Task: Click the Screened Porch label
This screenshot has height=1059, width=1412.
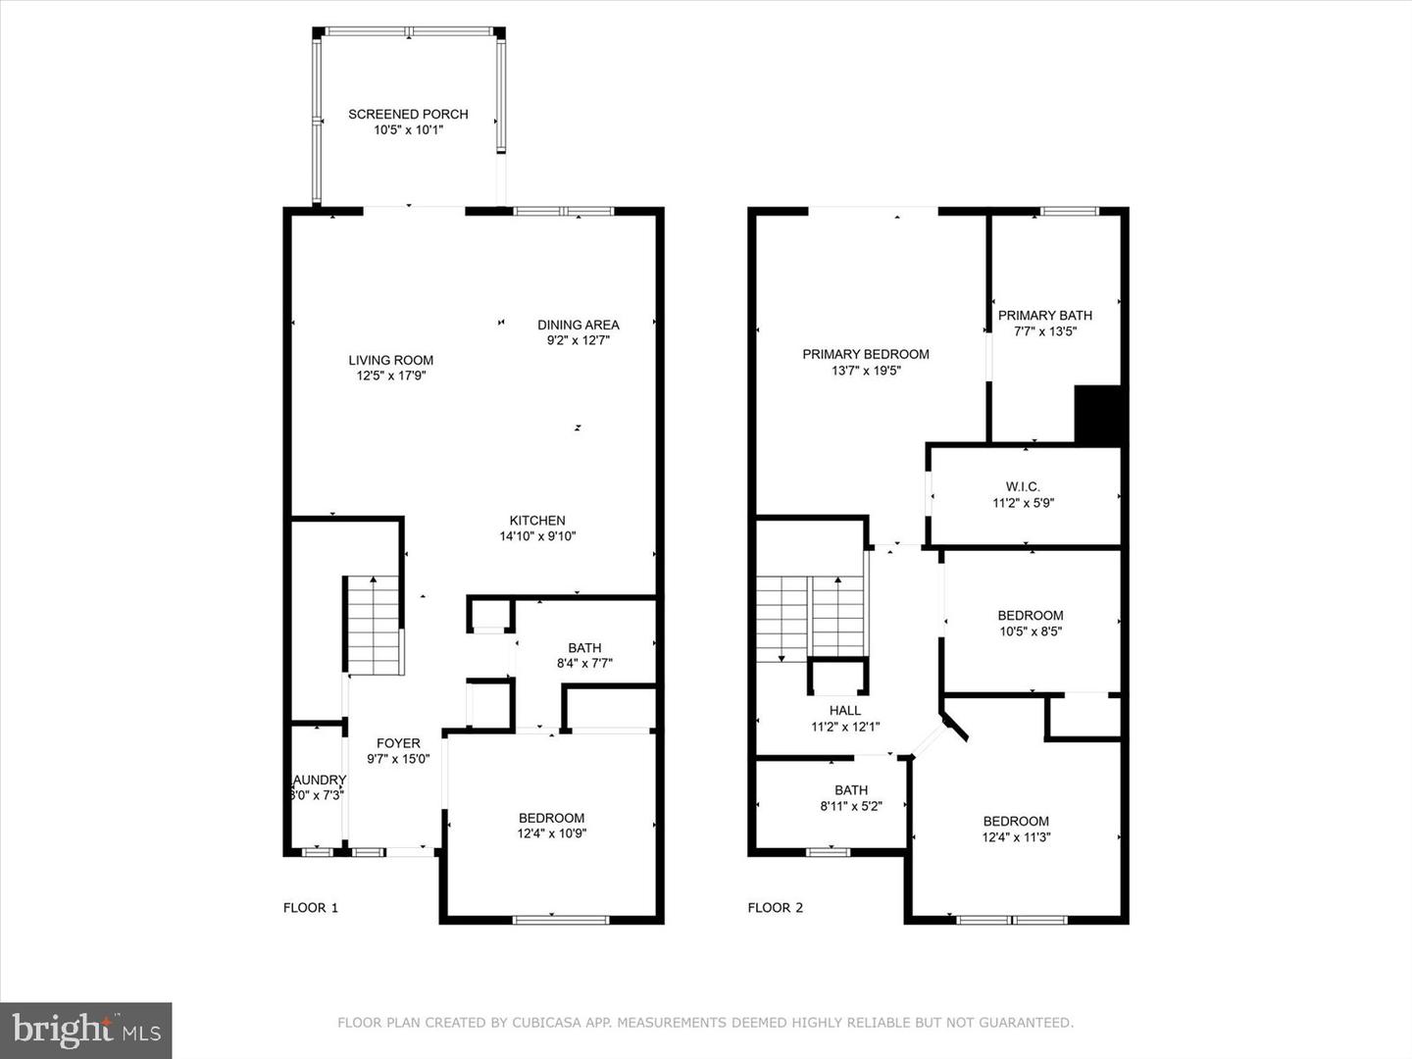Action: pos(408,114)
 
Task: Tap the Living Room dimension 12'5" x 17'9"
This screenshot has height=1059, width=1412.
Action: pos(390,376)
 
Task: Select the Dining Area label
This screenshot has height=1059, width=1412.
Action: pos(578,325)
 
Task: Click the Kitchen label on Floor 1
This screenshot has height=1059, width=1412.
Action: pos(536,521)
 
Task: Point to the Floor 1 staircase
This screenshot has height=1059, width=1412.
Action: pos(373,628)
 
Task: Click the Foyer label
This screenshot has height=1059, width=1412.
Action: pos(398,743)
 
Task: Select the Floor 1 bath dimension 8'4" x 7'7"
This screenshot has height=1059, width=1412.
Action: pos(584,664)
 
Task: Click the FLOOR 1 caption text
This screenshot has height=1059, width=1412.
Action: pos(310,908)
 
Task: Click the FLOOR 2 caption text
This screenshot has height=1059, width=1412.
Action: pos(775,908)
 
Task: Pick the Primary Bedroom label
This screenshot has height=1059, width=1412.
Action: pos(865,354)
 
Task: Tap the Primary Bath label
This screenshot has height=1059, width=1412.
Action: pos(1044,315)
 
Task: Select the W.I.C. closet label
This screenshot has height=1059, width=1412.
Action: pos(1023,486)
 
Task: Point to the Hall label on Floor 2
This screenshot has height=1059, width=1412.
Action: pos(844,711)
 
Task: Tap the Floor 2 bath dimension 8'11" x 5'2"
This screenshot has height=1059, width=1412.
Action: pos(850,807)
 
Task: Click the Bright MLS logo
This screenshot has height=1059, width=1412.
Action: pos(86,1030)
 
